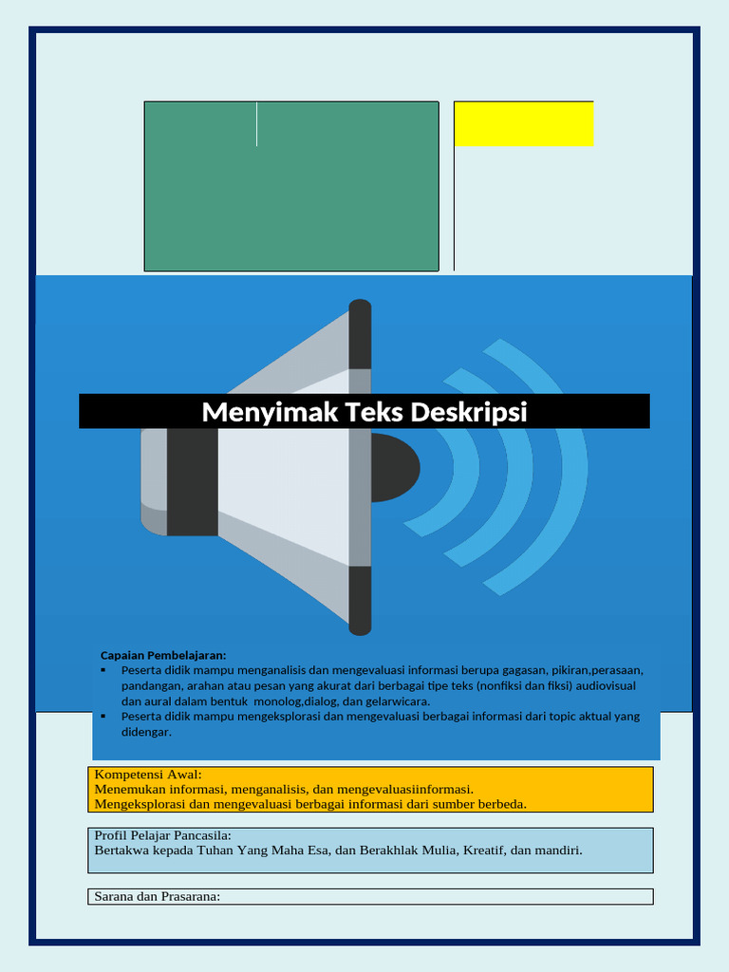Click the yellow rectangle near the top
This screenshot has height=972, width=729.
tap(524, 123)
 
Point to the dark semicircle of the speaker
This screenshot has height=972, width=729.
tap(395, 467)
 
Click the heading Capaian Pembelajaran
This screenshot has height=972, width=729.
tap(163, 655)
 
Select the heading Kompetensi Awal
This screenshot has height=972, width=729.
tap(148, 775)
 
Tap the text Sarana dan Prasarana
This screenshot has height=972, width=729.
tap(157, 896)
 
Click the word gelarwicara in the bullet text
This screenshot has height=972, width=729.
tap(398, 701)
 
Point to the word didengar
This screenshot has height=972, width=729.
tap(146, 732)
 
